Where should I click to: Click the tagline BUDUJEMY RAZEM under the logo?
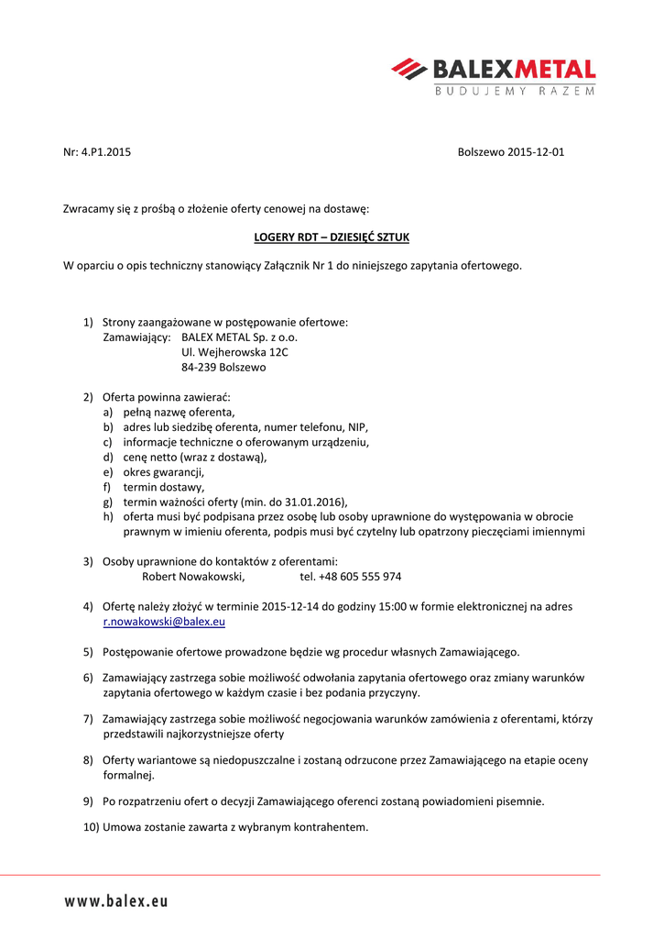[514, 91]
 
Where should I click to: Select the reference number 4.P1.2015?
[106, 152]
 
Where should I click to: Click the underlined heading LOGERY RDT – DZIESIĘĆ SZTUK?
[332, 238]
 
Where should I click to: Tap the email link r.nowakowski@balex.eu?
[164, 622]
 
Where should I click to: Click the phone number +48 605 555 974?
[360, 577]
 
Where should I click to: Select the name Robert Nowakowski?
[193, 577]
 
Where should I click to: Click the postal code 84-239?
[199, 367]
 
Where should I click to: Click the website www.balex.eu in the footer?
[116, 901]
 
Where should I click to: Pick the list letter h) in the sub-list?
[108, 517]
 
